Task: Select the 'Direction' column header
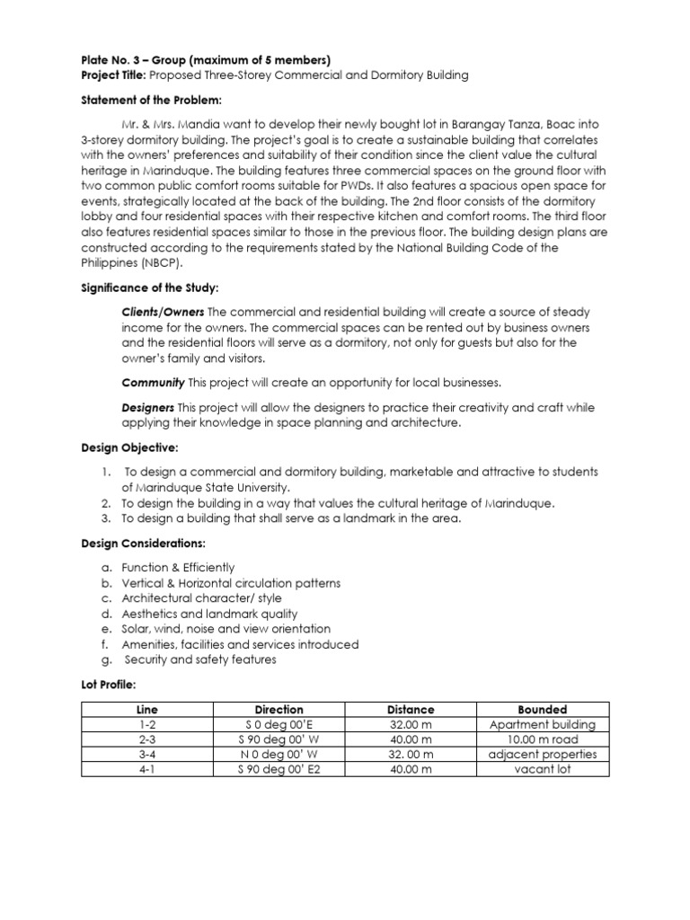point(279,710)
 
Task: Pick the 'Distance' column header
point(411,710)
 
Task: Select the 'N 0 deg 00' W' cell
point(279,755)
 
